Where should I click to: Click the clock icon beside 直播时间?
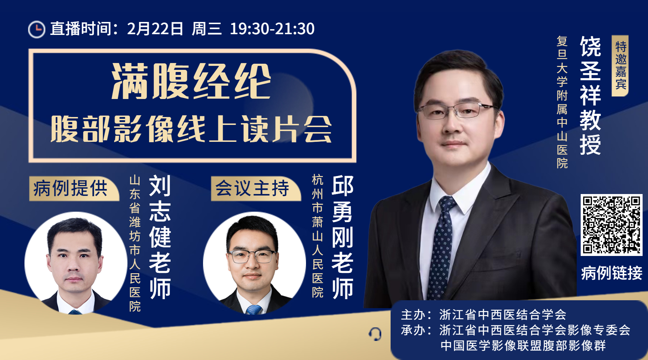click(x=37, y=29)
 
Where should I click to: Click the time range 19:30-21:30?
click(x=272, y=29)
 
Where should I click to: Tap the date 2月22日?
click(x=155, y=29)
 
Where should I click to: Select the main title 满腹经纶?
click(x=191, y=81)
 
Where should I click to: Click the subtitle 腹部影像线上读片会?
click(x=191, y=129)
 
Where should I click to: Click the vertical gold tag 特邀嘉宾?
click(x=620, y=66)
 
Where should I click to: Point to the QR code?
click(x=611, y=225)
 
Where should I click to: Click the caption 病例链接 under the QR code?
click(x=612, y=273)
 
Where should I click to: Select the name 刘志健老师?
click(x=160, y=237)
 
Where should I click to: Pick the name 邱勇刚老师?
click(x=342, y=237)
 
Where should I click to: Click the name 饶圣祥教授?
click(x=590, y=95)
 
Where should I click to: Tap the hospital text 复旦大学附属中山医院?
click(x=562, y=102)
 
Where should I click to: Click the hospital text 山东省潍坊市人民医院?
click(x=135, y=243)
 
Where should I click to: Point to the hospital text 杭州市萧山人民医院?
click(x=317, y=236)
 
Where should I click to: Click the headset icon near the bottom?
click(x=375, y=334)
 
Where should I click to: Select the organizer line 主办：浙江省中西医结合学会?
click(x=483, y=315)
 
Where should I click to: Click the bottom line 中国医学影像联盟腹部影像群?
click(x=523, y=346)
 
